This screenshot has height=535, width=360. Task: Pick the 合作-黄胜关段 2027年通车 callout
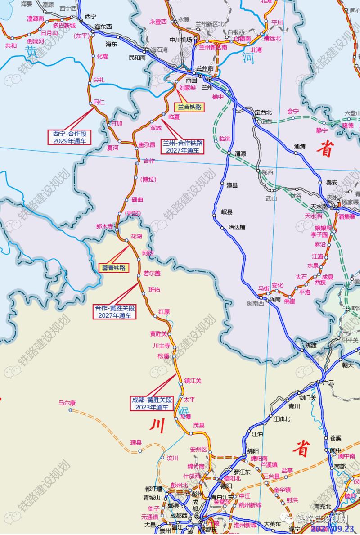pyautogui.click(x=115, y=312)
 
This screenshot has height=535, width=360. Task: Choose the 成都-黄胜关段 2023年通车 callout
pyautogui.click(x=152, y=403)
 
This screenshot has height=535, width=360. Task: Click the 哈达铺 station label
pyautogui.click(x=237, y=227)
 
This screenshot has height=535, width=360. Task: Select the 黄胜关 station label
pyautogui.click(x=158, y=334)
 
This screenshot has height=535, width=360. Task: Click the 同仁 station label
pyautogui.click(x=99, y=102)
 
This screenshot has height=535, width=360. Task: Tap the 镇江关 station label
pyautogui.click(x=193, y=381)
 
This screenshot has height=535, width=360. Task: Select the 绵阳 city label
pyautogui.click(x=253, y=450)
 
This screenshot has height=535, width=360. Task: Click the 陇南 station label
pyautogui.click(x=275, y=299)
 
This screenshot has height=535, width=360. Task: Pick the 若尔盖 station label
pyautogui.click(x=152, y=273)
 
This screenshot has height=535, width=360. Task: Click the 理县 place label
pyautogui.click(x=136, y=443)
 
